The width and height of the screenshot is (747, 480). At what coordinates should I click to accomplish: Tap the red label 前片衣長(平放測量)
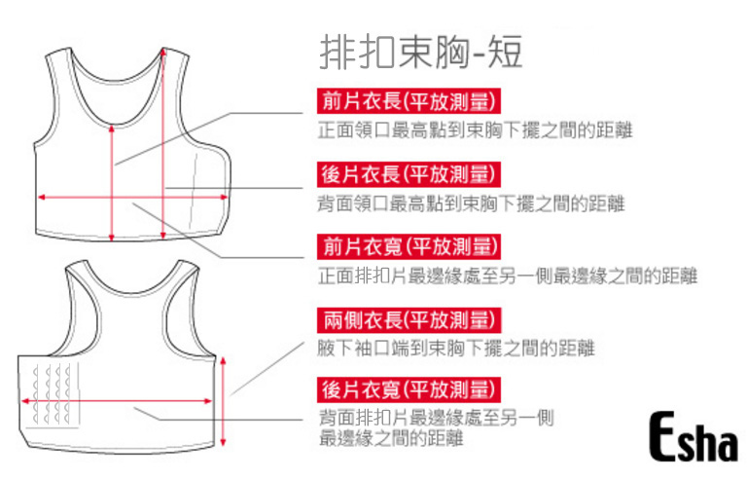click(x=409, y=101)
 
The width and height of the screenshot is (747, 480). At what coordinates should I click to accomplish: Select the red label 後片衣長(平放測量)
click(x=409, y=175)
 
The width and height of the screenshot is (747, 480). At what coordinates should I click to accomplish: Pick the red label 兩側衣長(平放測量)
click(x=409, y=319)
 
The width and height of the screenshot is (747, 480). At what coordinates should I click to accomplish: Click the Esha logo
click(x=692, y=439)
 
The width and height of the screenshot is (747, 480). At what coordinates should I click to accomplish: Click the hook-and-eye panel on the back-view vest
click(x=53, y=394)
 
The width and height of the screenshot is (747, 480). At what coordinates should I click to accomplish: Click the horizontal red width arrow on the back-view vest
click(x=117, y=399)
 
